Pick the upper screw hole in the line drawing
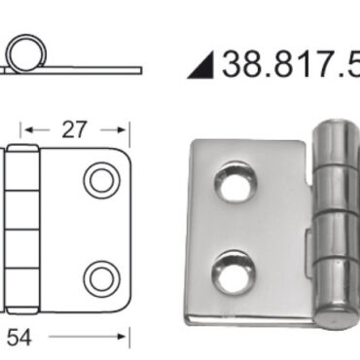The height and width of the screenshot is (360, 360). pyautogui.click(x=99, y=180)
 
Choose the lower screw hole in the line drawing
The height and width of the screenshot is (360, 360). pyautogui.click(x=99, y=278)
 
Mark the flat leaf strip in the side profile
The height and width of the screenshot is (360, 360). pyautogui.click(x=92, y=69)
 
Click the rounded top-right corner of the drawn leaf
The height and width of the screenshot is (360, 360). pyautogui.click(x=122, y=157)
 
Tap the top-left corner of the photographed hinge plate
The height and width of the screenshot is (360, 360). pyautogui.click(x=194, y=145)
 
